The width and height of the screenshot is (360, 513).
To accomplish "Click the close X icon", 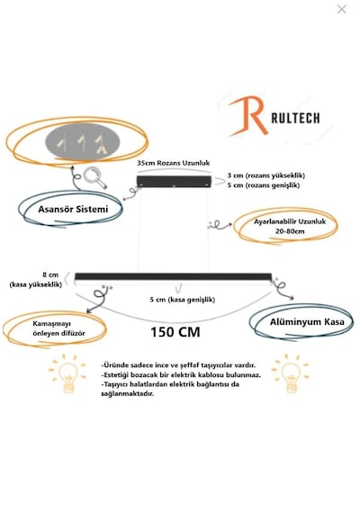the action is tap(341, 9).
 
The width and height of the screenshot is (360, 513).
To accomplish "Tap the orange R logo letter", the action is tap(248, 116).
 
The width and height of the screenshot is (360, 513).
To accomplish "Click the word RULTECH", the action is tap(295, 118).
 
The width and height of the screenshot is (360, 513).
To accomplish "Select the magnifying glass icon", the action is tap(94, 177).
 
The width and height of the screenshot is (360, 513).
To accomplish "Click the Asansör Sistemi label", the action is tap(73, 209).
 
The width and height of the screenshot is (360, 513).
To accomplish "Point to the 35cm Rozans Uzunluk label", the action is tap(174, 163).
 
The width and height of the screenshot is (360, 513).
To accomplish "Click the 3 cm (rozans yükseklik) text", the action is tap(266, 175).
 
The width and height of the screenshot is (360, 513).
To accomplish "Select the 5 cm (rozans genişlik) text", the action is tap(264, 185).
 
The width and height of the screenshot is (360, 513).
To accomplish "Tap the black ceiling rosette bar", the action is tap(174, 181).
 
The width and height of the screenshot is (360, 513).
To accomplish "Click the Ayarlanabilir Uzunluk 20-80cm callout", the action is tap(290, 226).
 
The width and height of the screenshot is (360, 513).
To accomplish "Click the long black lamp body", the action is tap(173, 277).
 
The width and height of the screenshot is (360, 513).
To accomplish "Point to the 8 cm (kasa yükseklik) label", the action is tap(36, 280).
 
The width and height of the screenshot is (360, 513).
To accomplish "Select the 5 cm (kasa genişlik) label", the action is tap(183, 300).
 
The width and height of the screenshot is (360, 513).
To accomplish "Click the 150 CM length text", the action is tap(175, 332).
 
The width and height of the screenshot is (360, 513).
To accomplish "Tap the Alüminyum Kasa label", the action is tap(307, 322).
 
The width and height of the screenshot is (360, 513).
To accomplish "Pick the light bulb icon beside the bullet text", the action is tap(67, 373).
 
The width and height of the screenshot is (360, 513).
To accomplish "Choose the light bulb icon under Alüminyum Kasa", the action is tap(291, 373).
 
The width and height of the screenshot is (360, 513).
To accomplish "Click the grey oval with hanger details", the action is tap(83, 142).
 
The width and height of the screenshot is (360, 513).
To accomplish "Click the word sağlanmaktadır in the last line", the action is tap(127, 394).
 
